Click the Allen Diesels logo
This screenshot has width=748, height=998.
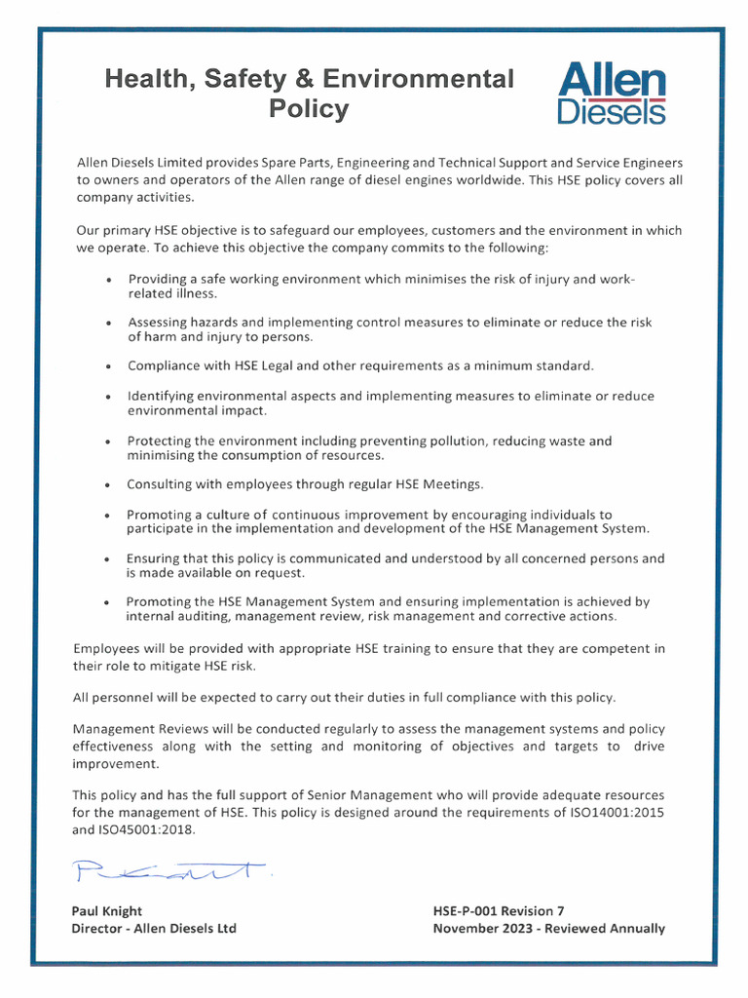pos(612,96)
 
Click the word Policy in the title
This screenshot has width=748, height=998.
pos(308,109)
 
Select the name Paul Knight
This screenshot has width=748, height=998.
pos(107,911)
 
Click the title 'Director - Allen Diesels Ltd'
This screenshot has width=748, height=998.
pos(154,929)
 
